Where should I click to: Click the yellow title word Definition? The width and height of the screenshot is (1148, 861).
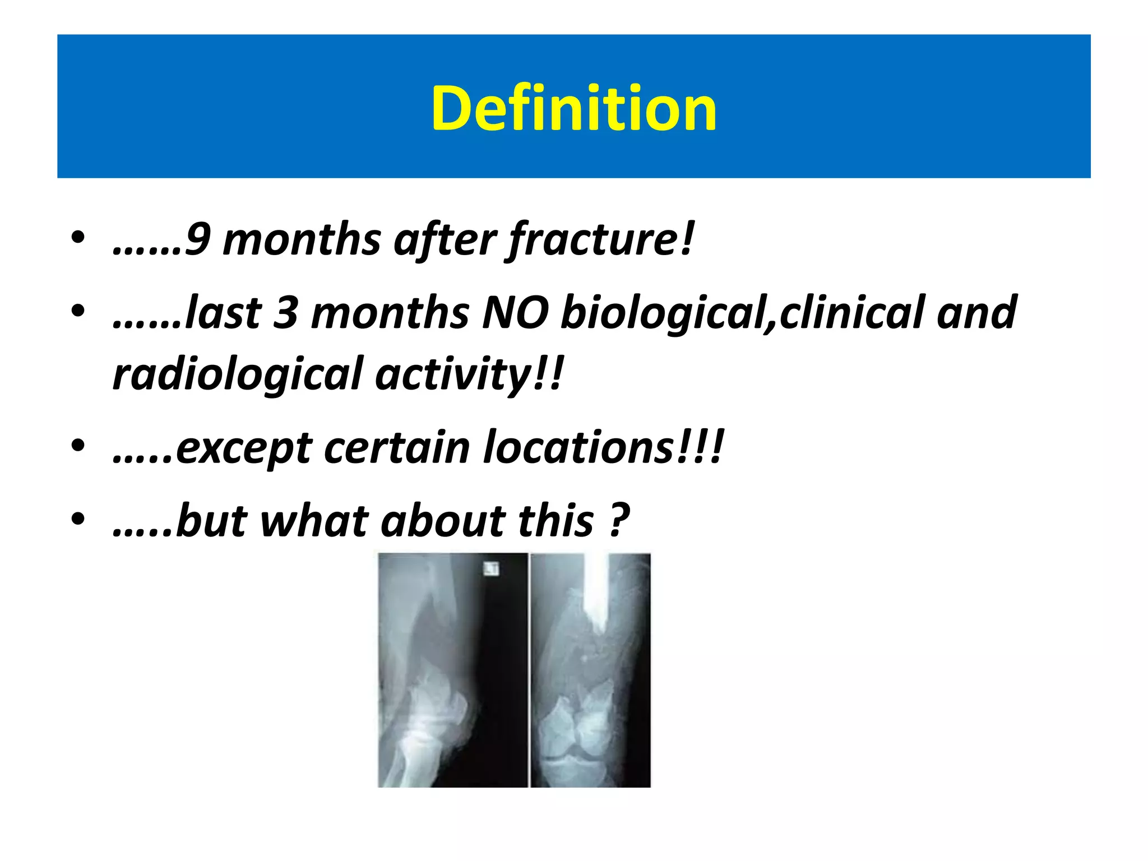pos(573,108)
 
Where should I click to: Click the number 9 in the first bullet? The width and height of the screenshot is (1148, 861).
pos(197,240)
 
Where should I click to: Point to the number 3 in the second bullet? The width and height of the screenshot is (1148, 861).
pos(285,313)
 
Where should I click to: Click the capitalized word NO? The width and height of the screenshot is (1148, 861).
pos(515,313)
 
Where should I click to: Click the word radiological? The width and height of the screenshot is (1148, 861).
pos(238,374)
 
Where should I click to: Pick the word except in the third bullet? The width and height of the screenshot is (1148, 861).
pos(243,448)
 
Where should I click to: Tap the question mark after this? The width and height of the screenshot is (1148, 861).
pos(619,521)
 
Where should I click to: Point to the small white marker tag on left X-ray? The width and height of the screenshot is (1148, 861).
pos(492,569)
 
